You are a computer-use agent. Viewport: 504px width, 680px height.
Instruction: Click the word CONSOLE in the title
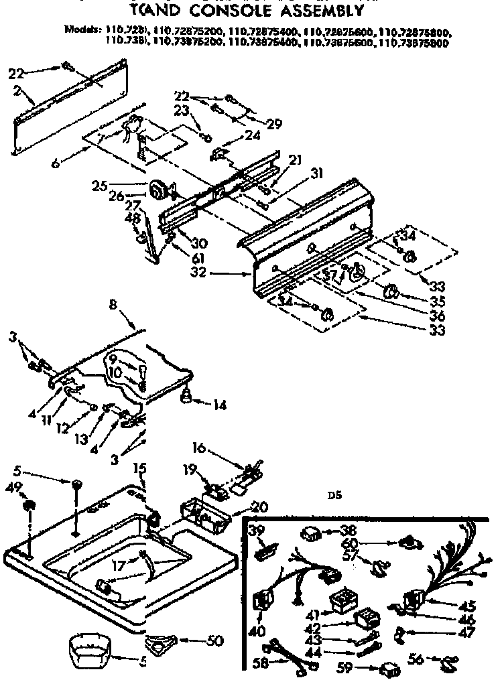(x=220, y=10)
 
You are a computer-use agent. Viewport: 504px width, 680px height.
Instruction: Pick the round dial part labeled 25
(x=158, y=190)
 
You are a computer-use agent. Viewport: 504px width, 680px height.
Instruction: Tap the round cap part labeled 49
(x=29, y=504)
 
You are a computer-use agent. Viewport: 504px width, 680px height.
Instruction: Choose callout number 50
(x=215, y=640)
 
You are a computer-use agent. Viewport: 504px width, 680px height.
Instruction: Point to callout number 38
(x=346, y=529)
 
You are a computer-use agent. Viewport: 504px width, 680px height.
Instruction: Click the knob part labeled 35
(x=390, y=291)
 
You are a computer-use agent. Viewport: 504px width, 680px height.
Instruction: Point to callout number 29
(x=273, y=123)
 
